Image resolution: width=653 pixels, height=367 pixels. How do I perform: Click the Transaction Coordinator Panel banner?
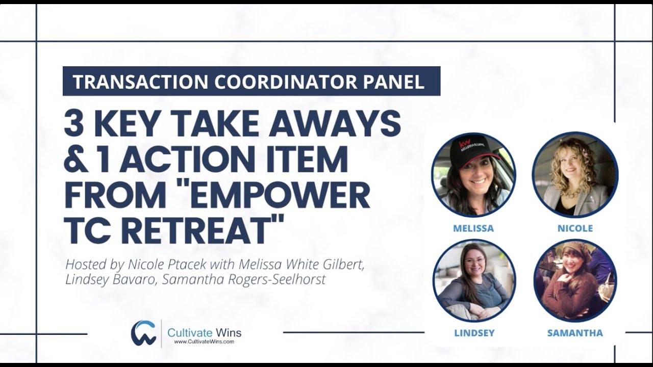click(x=251, y=82)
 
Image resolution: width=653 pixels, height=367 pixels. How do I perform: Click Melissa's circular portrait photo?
click(x=473, y=174)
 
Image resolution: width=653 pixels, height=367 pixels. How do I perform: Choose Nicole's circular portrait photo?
click(x=575, y=174)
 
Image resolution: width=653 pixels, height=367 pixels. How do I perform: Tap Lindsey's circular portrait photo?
click(x=474, y=281)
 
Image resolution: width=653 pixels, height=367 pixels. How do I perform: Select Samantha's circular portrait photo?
click(x=575, y=281)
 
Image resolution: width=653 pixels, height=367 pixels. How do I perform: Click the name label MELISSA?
click(x=473, y=228)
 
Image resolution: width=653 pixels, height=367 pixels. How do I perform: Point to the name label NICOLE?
click(x=575, y=228)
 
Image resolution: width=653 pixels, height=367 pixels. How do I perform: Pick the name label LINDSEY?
click(x=474, y=333)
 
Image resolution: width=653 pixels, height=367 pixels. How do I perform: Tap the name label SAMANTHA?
click(x=575, y=333)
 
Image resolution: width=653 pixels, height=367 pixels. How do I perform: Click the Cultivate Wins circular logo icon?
click(x=143, y=333)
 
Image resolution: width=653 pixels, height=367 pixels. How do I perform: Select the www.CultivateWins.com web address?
click(x=204, y=342)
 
